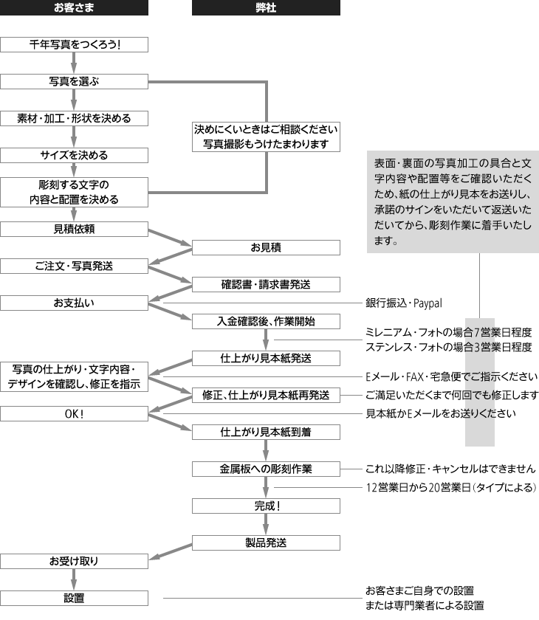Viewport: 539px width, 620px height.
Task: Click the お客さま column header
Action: pyautogui.click(x=74, y=8)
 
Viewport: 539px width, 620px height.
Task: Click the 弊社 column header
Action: pyautogui.click(x=266, y=8)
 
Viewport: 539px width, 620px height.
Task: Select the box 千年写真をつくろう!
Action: pyautogui.click(x=74, y=44)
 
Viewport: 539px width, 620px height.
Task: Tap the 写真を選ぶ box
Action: pyautogui.click(x=74, y=81)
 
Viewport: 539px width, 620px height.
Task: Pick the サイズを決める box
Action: pyautogui.click(x=74, y=155)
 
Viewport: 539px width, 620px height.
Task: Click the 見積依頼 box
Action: pyautogui.click(x=74, y=229)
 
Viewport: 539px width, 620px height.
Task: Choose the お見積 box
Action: pyautogui.click(x=266, y=247)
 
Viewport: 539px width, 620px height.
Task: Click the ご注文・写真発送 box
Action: pyautogui.click(x=74, y=266)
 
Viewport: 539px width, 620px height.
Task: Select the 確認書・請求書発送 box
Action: pyautogui.click(x=266, y=284)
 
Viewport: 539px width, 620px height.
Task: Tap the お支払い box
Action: pyautogui.click(x=74, y=303)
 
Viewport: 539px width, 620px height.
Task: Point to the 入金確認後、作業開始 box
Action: pyautogui.click(x=266, y=321)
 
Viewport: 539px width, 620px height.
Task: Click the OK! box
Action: pyautogui.click(x=74, y=413)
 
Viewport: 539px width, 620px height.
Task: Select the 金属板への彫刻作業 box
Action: pyautogui.click(x=266, y=469)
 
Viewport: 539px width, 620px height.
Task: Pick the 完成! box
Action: pyautogui.click(x=266, y=506)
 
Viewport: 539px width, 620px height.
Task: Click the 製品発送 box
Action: pyautogui.click(x=266, y=542)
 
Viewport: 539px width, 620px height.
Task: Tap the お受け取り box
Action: pyautogui.click(x=74, y=561)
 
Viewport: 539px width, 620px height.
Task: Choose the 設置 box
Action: pyautogui.click(x=74, y=598)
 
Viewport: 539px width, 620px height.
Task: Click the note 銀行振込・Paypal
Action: pyautogui.click(x=403, y=303)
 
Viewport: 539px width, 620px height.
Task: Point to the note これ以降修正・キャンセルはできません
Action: pyautogui.click(x=450, y=469)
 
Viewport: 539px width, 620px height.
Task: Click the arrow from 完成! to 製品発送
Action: pyautogui.click(x=266, y=524)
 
